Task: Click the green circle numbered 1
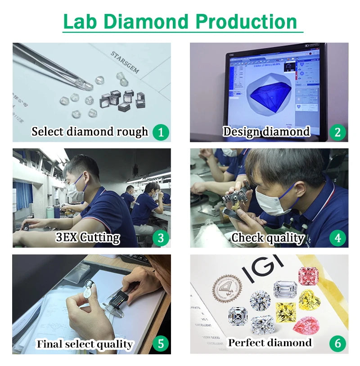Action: [161, 132]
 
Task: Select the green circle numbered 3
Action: [161, 238]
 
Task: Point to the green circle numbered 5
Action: [161, 344]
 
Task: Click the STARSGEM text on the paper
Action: [125, 62]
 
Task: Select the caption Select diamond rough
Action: [90, 132]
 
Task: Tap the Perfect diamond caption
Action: [270, 343]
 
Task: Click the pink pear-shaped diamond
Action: [306, 326]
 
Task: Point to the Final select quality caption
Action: [85, 344]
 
